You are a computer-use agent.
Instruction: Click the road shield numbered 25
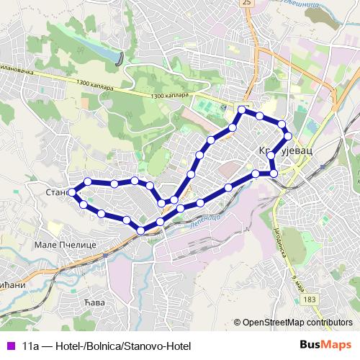(247, 3)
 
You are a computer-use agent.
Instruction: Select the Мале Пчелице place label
(66, 245)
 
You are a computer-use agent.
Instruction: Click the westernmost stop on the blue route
(72, 192)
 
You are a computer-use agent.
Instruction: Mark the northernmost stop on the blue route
(242, 110)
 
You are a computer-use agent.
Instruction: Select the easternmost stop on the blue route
(288, 135)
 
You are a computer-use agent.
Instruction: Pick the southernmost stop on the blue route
(141, 230)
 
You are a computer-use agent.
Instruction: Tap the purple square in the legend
(9, 346)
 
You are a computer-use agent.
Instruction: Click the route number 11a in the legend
(30, 346)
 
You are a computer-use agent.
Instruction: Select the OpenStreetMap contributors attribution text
(296, 322)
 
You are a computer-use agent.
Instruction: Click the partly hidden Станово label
(56, 193)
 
